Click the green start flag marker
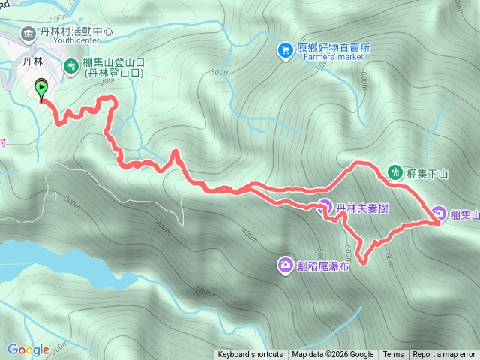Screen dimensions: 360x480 (x=40, y=88)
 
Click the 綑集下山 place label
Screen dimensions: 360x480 (x=427, y=174)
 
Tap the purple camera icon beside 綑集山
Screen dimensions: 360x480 (x=438, y=214)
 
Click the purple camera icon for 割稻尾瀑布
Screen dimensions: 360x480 (x=286, y=265)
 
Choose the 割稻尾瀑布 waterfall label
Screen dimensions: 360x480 (x=323, y=265)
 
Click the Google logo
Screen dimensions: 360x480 (x=28, y=349)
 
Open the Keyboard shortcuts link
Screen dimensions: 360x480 (x=250, y=355)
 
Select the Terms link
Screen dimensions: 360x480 (x=393, y=355)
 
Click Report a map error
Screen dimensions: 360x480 (x=444, y=355)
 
